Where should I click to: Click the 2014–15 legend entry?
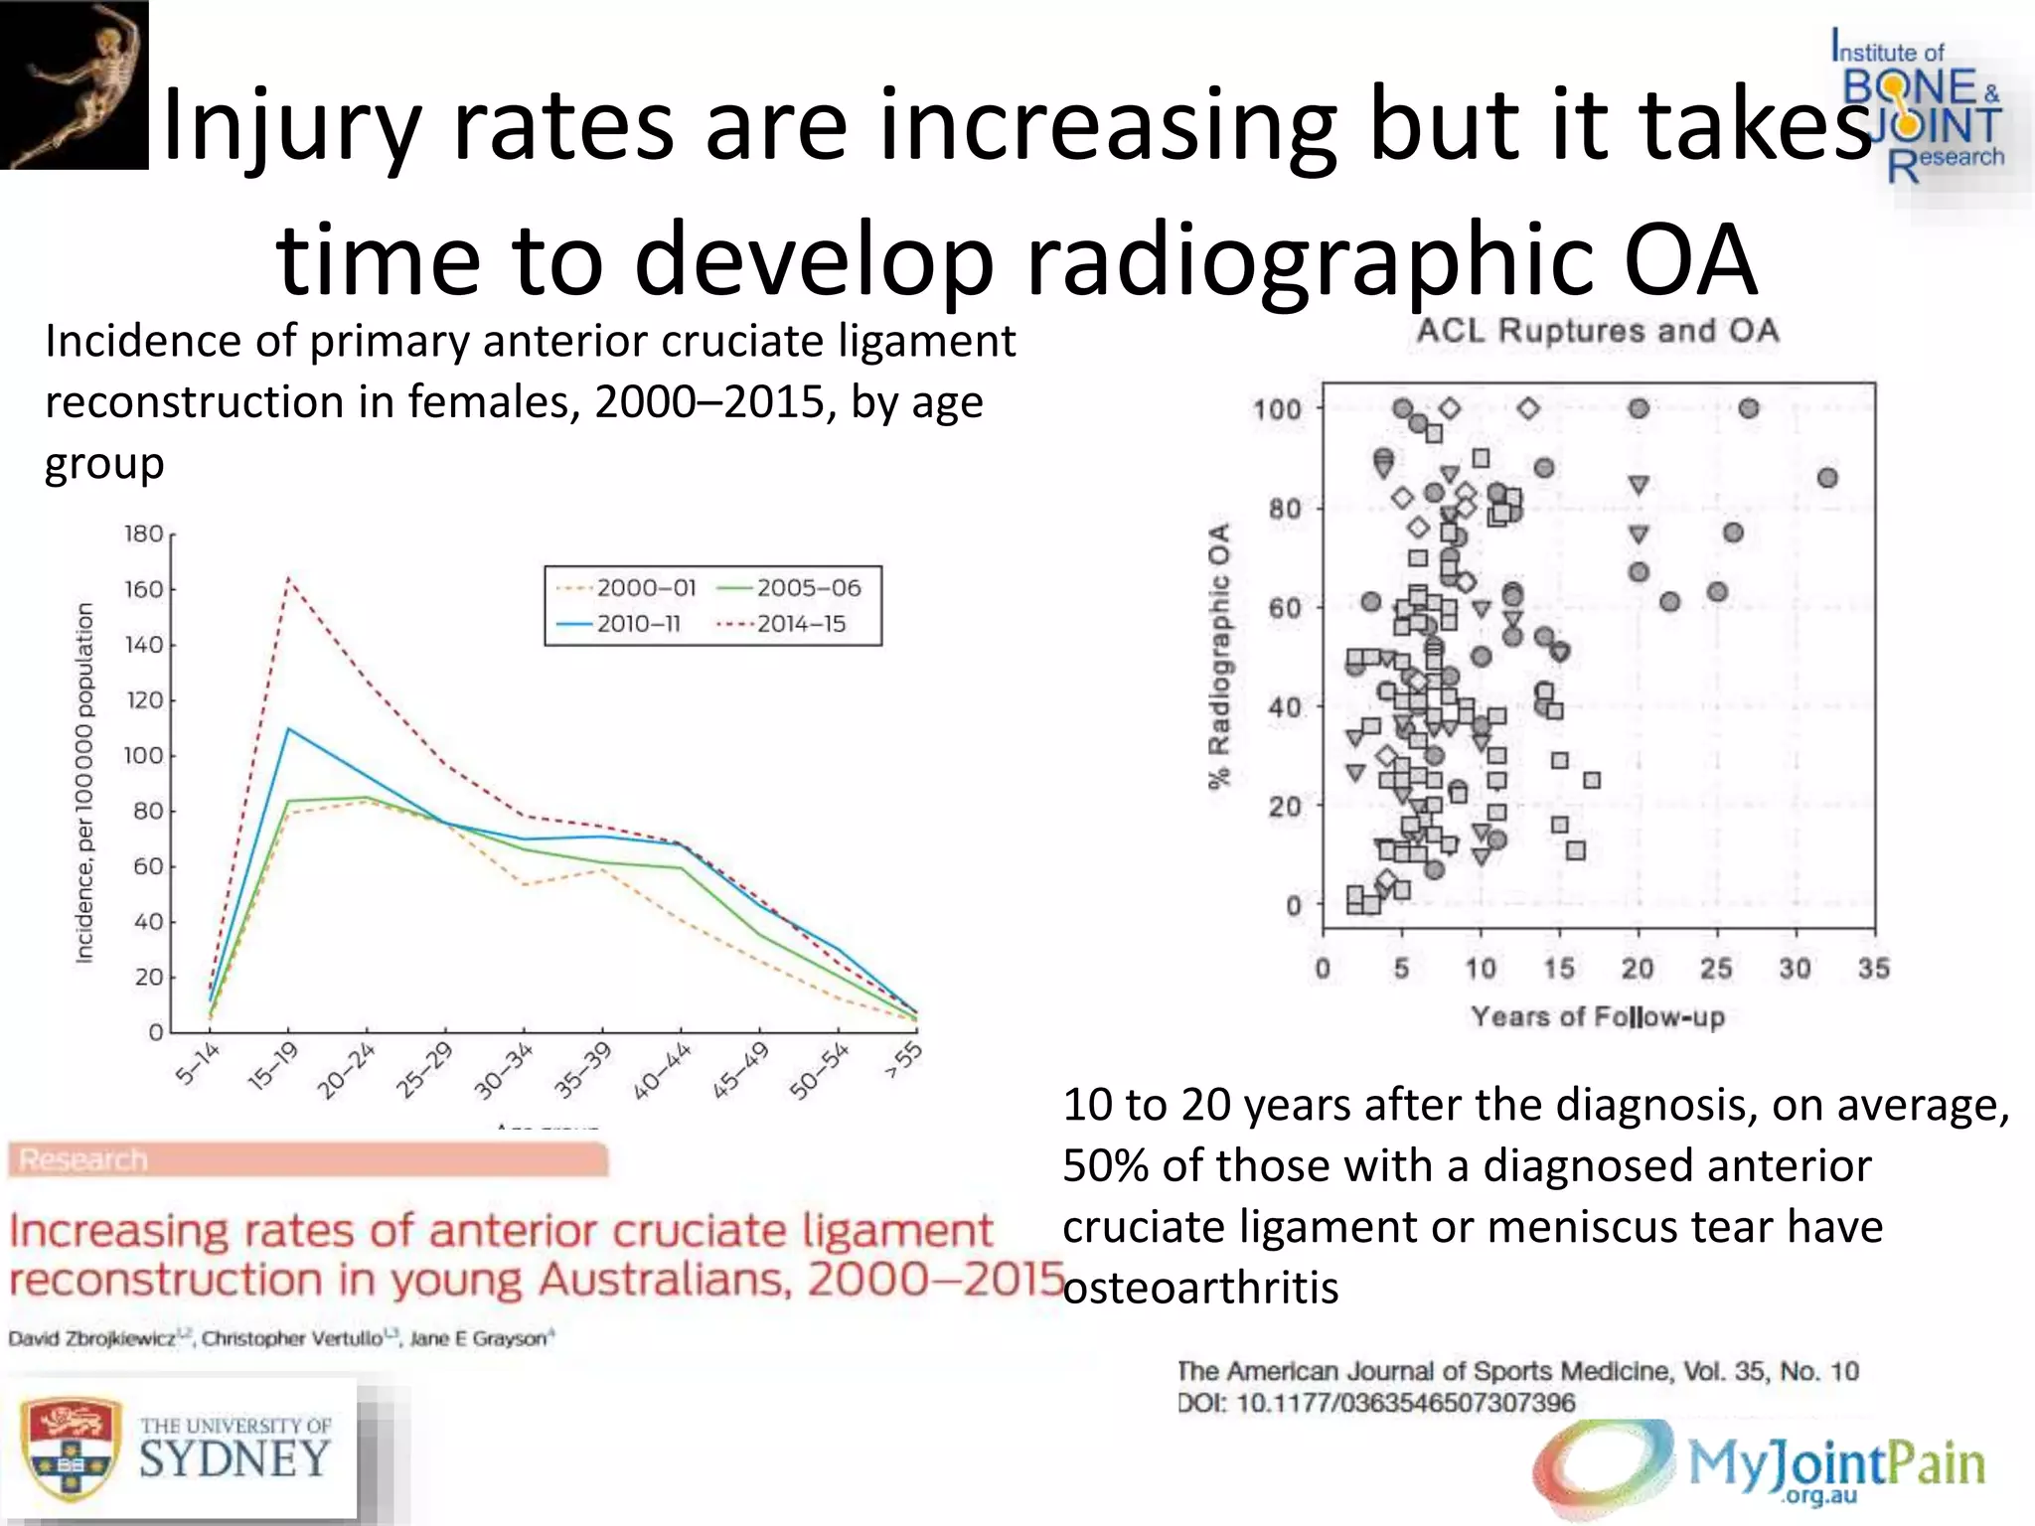pos(800,624)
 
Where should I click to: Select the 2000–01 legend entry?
pos(646,588)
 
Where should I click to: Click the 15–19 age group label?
pos(272,1067)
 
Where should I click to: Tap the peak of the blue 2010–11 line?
pos(288,729)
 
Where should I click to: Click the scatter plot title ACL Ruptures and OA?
pos(1597,331)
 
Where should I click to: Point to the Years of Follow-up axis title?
pos(1597,1017)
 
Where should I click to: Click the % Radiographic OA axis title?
pos(1219,656)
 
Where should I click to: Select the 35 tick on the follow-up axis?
pos(1873,969)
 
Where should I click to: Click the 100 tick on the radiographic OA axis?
pos(1277,409)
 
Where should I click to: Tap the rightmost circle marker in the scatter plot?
pos(1826,479)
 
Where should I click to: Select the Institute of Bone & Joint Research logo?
pos(1918,109)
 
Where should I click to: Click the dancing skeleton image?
pos(74,85)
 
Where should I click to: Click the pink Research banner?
pos(308,1159)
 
